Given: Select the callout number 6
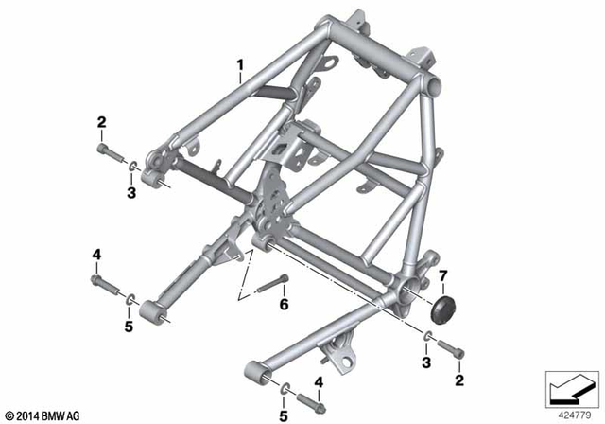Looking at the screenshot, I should tap(283, 304).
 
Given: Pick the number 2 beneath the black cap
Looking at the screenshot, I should tap(460, 380).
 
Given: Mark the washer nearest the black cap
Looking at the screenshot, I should tap(429, 338).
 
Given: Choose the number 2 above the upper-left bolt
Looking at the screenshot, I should tap(101, 121).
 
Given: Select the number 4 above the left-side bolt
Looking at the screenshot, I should tap(96, 254).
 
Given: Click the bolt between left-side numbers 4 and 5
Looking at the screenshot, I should tap(104, 282).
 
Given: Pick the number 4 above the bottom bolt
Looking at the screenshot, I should tap(319, 381).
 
